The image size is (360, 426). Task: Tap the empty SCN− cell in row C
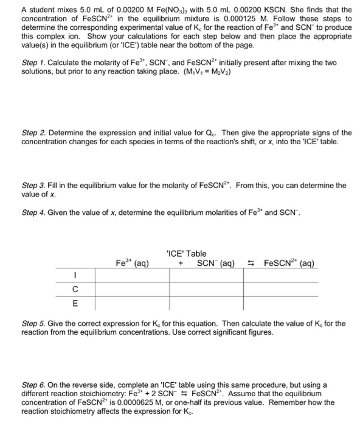point(211,289)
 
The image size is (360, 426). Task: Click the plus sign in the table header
point(181,264)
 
